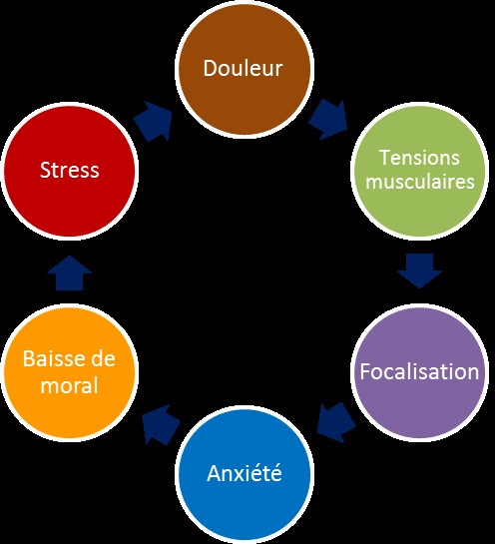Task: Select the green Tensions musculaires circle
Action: click(420, 171)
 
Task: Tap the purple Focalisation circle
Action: click(420, 372)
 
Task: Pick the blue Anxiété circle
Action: click(245, 474)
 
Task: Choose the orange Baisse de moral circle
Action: click(70, 372)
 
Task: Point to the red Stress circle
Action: click(70, 171)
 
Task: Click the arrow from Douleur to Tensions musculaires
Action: click(328, 120)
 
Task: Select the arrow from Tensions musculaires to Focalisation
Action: click(420, 271)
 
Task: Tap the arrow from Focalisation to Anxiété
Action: click(335, 422)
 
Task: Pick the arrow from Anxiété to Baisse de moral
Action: click(161, 424)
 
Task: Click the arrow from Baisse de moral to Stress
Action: click(70, 273)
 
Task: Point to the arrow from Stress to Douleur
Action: click(153, 121)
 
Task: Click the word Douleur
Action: click(243, 68)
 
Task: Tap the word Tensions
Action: click(420, 158)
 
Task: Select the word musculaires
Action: click(420, 182)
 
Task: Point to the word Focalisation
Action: click(419, 371)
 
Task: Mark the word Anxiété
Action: click(245, 472)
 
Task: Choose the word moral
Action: click(70, 385)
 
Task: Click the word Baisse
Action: click(49, 358)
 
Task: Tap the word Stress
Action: click(70, 170)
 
